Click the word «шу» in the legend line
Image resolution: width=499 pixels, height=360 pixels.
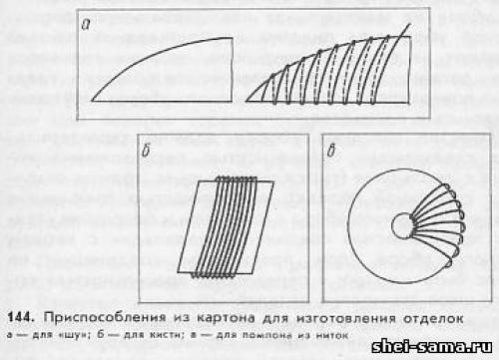coord(56,334)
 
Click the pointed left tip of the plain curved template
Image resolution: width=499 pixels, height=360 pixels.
coord(93,100)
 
